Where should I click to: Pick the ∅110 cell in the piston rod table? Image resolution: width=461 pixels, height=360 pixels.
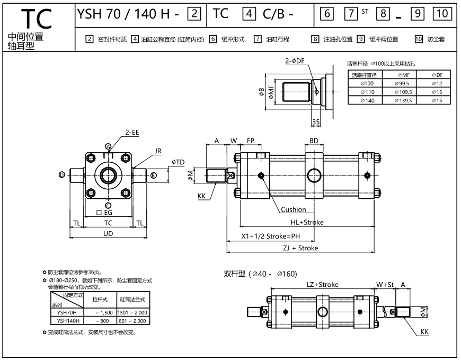(x=367, y=92)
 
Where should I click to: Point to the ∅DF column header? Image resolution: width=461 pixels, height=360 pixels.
(x=437, y=75)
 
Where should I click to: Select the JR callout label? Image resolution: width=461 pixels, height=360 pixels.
(x=158, y=151)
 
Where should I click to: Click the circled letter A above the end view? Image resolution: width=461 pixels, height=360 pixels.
(x=108, y=146)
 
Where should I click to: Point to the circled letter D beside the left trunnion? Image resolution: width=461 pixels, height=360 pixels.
(x=62, y=174)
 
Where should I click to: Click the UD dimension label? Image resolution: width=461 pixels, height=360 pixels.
(x=108, y=234)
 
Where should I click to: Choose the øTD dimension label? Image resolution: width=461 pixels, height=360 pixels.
(x=178, y=162)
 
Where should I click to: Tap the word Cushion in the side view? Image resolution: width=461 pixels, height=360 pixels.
(x=294, y=209)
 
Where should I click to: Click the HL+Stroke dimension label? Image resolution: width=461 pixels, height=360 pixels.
(x=307, y=222)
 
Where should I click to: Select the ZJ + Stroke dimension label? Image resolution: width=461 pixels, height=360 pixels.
(x=300, y=248)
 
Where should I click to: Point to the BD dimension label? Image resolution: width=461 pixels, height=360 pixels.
(x=314, y=142)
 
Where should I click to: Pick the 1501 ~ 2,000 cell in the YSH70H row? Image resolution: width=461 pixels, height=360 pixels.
(x=135, y=313)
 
